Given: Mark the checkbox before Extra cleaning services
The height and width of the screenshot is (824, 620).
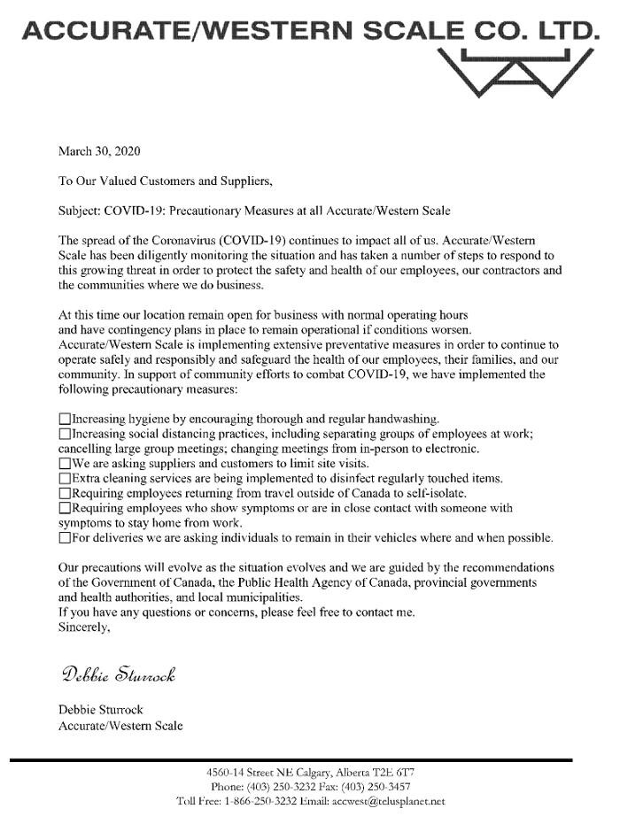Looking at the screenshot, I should [x=64, y=478].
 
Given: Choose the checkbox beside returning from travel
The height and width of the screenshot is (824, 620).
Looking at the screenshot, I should [x=64, y=493].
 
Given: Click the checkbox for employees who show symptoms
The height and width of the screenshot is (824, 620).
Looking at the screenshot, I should [x=64, y=508].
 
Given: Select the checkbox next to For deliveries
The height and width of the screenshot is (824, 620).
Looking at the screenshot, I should [x=64, y=538].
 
